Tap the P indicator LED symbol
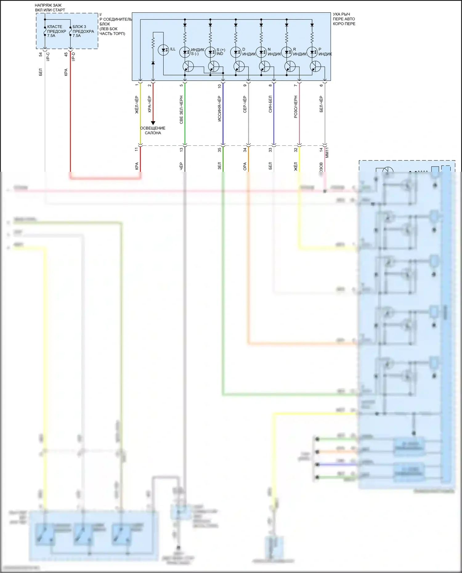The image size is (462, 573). coord(312,52)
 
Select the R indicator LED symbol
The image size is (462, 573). coord(286,52)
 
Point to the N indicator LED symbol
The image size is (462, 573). coord(261,52)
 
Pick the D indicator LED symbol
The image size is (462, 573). coord(236,52)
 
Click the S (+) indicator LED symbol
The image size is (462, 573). coord(210,52)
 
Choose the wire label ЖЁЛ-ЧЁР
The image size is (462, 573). coord(137,105)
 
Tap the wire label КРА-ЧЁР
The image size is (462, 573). coord(149,104)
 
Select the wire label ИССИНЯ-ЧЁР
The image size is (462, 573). coord(219,109)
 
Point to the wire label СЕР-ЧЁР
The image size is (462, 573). coord(245,104)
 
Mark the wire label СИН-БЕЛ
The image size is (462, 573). coord(270,104)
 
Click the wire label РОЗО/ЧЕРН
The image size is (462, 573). coord(296,107)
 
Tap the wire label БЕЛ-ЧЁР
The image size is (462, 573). coord(321,104)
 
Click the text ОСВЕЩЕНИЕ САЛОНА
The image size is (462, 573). coord(153,131)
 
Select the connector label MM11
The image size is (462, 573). coord(327,152)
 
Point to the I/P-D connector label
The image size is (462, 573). coord(73,57)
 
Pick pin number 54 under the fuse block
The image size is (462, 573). coord(41,54)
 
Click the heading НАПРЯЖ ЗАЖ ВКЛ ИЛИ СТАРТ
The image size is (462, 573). coord(50,8)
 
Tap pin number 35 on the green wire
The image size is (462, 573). coord(219,150)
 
